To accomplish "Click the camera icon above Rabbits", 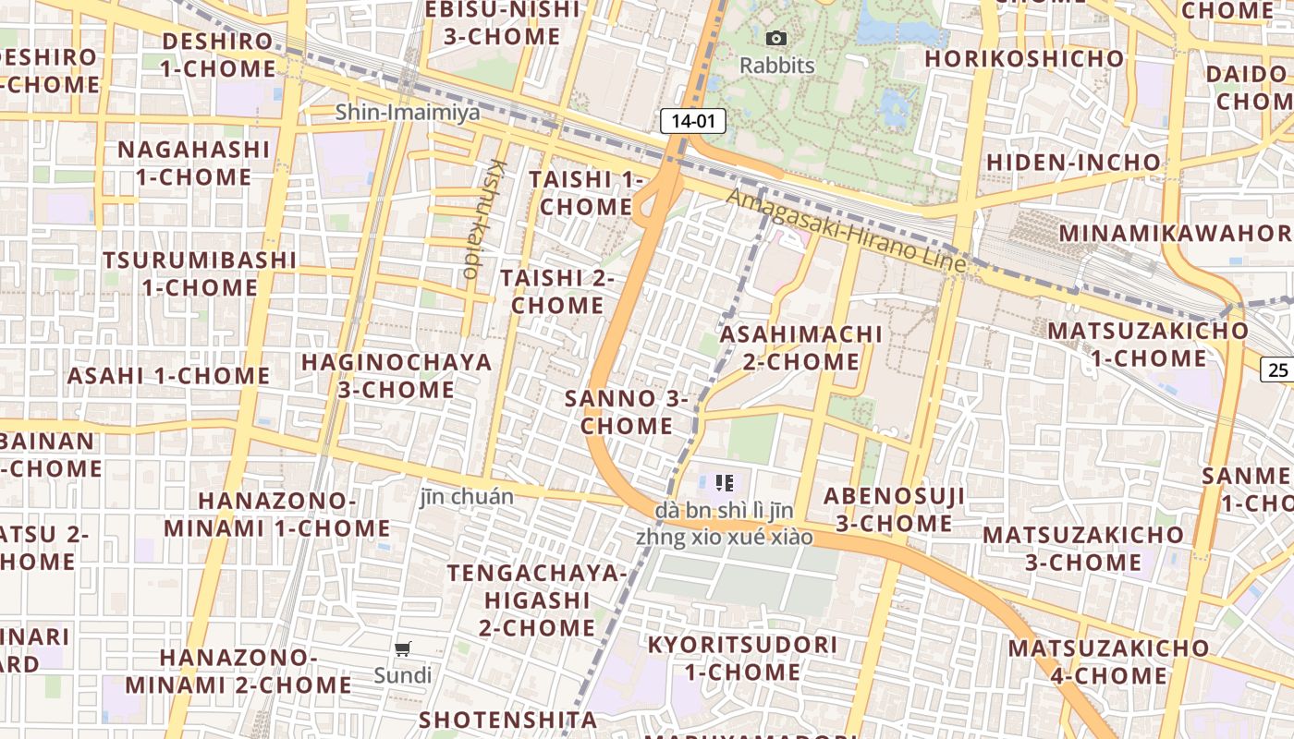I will tap(776, 38).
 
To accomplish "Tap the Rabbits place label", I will tap(777, 66).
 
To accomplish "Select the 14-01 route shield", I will tap(692, 121).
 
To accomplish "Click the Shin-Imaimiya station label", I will tap(408, 113).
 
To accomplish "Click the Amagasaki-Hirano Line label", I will tap(846, 231).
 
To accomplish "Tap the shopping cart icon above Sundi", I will tap(403, 649).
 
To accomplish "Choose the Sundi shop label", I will tap(403, 675).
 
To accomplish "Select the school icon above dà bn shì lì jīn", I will tap(725, 482).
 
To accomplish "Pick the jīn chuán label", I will tap(467, 496).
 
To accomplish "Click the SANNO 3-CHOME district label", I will tap(627, 413).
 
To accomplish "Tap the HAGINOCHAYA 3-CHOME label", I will tap(397, 376).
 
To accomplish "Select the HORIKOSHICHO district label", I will tap(1024, 58).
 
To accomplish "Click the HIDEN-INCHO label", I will tap(1073, 163).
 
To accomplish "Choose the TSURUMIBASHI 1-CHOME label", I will tap(200, 273).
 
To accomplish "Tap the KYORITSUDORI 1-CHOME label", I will tap(742, 658).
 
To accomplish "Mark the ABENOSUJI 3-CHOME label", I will tap(894, 509).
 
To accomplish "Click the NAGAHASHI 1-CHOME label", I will tap(193, 163).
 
